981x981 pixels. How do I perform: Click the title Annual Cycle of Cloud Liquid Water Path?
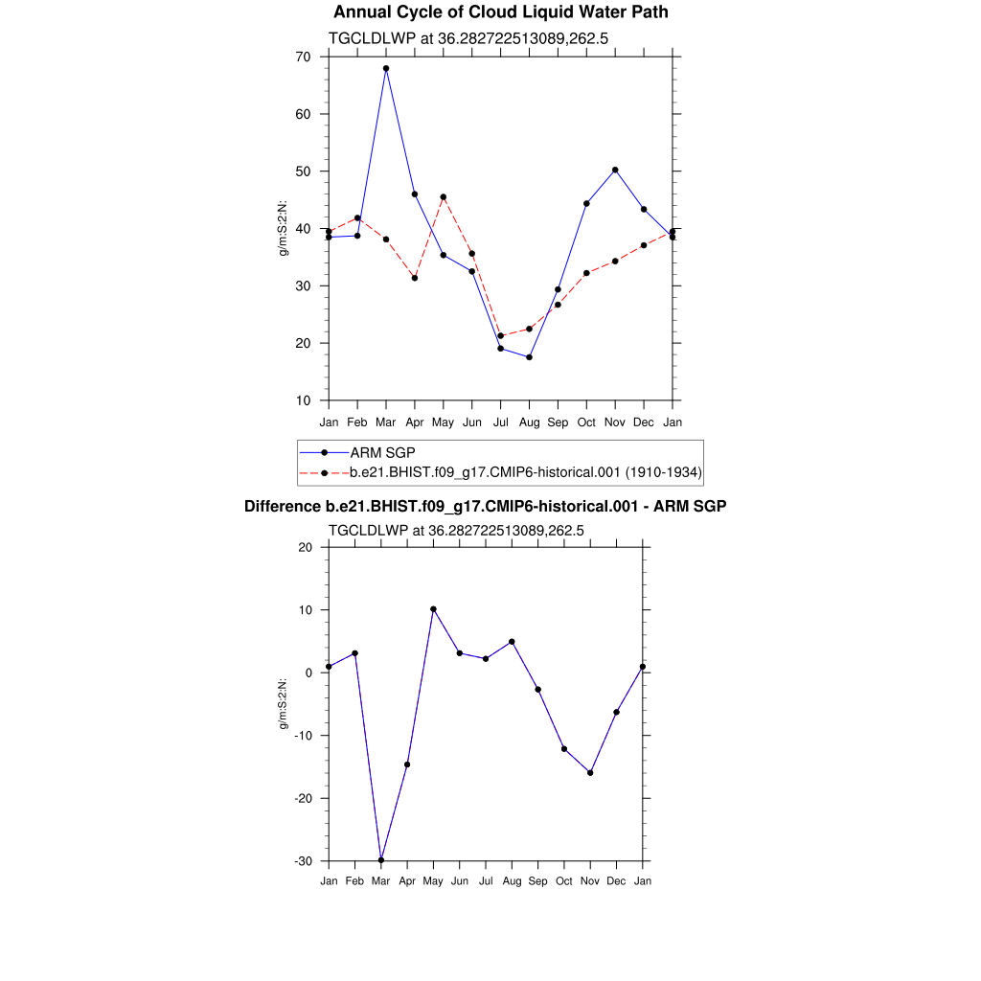coord(500,12)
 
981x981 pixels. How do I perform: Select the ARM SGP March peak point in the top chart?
coord(386,69)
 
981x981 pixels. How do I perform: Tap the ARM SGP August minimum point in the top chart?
coord(529,357)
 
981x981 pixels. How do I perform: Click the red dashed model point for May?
coord(444,197)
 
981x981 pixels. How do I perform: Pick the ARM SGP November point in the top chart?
coord(615,170)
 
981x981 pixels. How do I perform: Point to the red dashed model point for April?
coord(415,278)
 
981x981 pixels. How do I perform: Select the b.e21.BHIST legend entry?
coord(525,472)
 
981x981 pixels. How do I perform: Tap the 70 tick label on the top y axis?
coord(303,57)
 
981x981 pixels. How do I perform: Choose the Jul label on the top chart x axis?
coord(500,422)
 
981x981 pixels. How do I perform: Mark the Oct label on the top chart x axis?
coord(586,422)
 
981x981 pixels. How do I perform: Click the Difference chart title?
coord(485,507)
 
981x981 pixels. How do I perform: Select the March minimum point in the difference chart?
coord(381,859)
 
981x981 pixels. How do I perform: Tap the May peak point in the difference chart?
coord(433,609)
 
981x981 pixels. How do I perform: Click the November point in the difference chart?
coord(590,772)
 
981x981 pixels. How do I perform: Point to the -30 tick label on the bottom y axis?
coord(304,861)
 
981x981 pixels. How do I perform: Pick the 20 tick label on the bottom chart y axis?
coord(306,547)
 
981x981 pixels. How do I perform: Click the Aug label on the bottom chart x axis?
coord(512,881)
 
